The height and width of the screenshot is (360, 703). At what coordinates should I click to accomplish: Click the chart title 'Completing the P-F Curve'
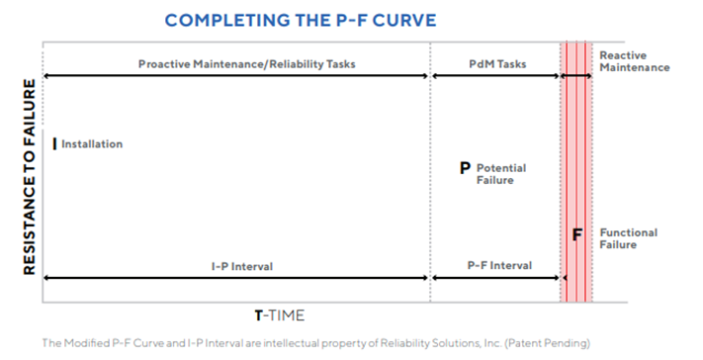click(286, 20)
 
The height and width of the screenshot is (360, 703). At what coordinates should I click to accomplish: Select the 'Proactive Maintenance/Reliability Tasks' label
click(246, 64)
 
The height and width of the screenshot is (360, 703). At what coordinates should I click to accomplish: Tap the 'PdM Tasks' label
click(498, 64)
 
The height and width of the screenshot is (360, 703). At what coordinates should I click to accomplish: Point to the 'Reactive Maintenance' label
click(634, 61)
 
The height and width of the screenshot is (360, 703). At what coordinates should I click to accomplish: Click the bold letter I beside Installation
click(54, 143)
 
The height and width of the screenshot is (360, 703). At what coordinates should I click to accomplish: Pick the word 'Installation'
click(92, 144)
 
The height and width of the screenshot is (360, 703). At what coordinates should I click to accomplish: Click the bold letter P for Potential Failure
click(465, 168)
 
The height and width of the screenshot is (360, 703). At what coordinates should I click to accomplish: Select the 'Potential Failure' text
click(500, 174)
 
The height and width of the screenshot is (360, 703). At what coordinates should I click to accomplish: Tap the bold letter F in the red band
click(578, 234)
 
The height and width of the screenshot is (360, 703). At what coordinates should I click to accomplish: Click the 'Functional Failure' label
click(628, 238)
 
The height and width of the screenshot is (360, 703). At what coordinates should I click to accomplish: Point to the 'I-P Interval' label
click(242, 266)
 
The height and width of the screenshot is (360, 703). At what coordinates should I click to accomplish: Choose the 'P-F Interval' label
click(498, 266)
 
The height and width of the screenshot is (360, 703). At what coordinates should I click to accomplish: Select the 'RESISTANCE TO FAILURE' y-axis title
click(29, 177)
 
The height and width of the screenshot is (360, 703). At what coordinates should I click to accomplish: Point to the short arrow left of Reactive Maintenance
click(577, 76)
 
